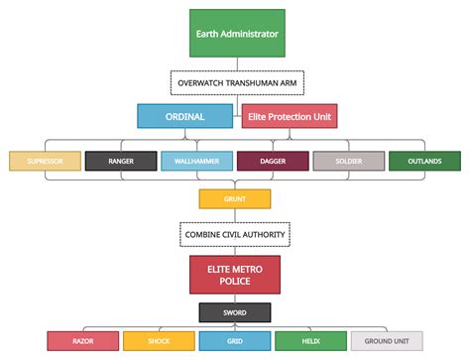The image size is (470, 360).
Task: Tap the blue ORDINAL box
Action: pyautogui.click(x=185, y=117)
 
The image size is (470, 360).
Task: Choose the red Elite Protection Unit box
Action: pyautogui.click(x=290, y=117)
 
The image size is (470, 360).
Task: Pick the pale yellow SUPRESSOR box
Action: pyautogui.click(x=44, y=161)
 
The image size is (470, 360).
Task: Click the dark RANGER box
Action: pyautogui.click(x=120, y=161)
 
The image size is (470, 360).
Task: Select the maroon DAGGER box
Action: pyautogui.click(x=272, y=161)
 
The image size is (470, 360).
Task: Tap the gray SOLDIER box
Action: pyautogui.click(x=348, y=161)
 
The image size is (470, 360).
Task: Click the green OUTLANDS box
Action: pyautogui.click(x=424, y=161)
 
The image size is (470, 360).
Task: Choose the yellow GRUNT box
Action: pyautogui.click(x=234, y=198)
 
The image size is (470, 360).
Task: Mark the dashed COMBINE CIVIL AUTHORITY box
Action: pyautogui.click(x=234, y=235)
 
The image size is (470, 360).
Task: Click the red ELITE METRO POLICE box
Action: pyautogui.click(x=234, y=275)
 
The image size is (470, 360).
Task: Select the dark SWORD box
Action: pyautogui.click(x=234, y=312)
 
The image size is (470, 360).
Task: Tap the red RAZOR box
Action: pyautogui.click(x=82, y=341)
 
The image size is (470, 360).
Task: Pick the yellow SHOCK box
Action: pyautogui.click(x=158, y=341)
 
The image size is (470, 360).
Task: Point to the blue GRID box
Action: pyautogui.click(x=234, y=341)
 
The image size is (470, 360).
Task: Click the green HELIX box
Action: pyautogui.click(x=310, y=341)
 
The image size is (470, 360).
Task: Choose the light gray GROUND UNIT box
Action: pyautogui.click(x=387, y=341)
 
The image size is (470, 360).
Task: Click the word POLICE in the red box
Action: pyautogui.click(x=234, y=282)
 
